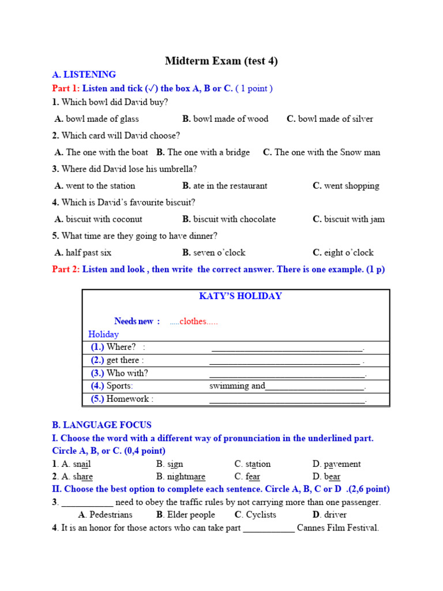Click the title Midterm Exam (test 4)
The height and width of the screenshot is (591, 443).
coord(221,61)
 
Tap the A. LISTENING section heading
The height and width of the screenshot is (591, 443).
coord(84,74)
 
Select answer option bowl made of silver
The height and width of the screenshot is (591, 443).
coord(335,119)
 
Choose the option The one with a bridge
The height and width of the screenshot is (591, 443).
coord(208,152)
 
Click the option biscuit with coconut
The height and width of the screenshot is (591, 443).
coord(104,219)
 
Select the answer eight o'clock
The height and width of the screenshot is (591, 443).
coord(348,253)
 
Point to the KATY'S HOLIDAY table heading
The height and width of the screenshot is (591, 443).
coord(240,296)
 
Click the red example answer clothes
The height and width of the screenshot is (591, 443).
coord(193,321)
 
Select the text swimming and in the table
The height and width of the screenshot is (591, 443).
coord(237,386)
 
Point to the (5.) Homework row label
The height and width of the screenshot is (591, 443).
coord(122,399)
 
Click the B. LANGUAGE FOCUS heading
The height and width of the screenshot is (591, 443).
coord(102,425)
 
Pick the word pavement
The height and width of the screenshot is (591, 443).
coord(342,464)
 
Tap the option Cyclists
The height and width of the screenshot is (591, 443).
coord(261,515)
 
